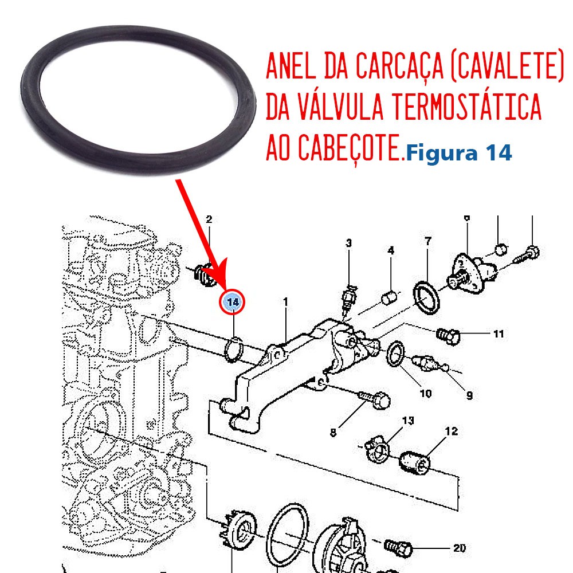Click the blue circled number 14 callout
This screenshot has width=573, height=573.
click(x=231, y=302)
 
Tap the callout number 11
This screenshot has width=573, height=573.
click(x=499, y=333)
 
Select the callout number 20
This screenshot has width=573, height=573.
click(x=460, y=548)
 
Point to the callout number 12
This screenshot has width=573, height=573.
click(x=452, y=431)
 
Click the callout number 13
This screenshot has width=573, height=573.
click(x=408, y=421)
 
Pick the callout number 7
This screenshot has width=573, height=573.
click(x=428, y=241)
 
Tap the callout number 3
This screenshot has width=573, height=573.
click(x=348, y=243)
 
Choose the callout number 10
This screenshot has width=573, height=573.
click(x=426, y=393)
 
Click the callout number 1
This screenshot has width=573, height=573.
click(x=285, y=302)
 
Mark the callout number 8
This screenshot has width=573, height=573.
click(x=333, y=433)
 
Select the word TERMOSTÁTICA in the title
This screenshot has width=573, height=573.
click(x=466, y=107)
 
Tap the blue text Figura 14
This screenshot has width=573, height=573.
click(x=458, y=154)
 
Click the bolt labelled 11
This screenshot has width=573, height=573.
click(x=449, y=335)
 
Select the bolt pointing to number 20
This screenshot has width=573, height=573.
click(x=399, y=547)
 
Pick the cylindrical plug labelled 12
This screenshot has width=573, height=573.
click(x=414, y=462)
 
